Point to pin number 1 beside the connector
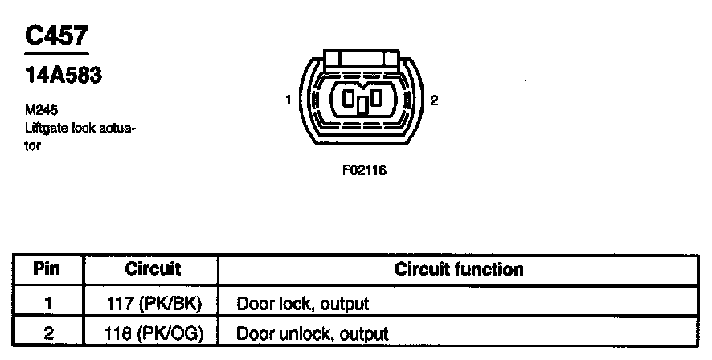[288, 100]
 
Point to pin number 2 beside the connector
[434, 100]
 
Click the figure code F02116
[359, 170]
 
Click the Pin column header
[47, 269]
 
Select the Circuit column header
[153, 269]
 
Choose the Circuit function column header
[459, 269]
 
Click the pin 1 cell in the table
[47, 304]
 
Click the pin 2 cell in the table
[47, 333]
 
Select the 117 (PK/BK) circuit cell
[153, 304]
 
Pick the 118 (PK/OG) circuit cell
[153, 333]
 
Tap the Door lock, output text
[302, 304]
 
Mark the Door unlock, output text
[312, 333]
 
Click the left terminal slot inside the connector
[350, 100]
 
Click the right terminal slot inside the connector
[374, 100]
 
